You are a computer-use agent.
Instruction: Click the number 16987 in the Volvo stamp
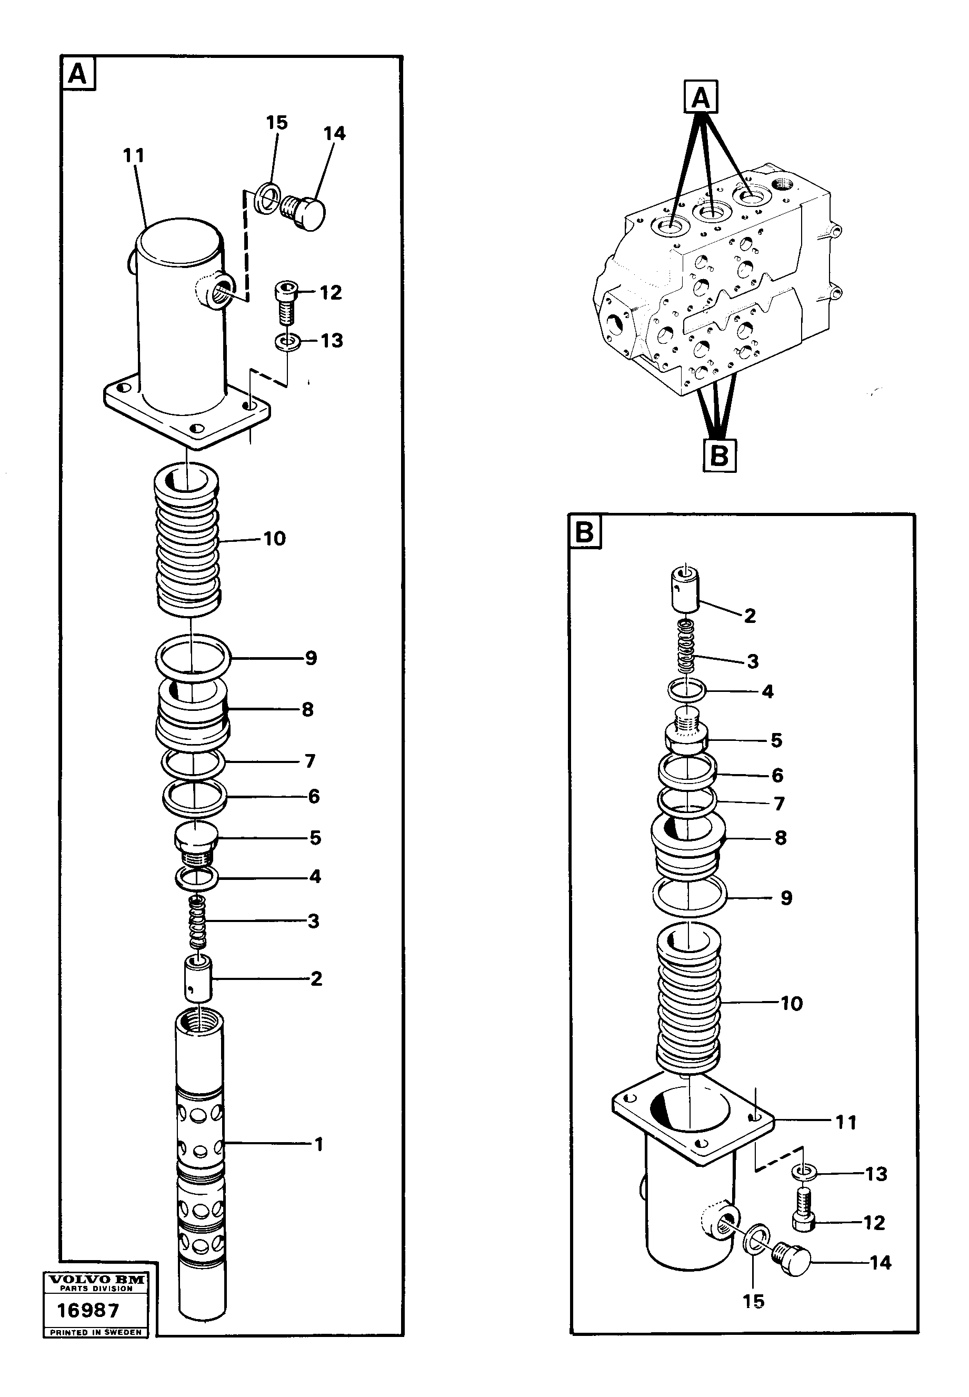point(88,1310)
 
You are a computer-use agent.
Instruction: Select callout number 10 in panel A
point(274,539)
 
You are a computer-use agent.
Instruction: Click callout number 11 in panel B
point(846,1123)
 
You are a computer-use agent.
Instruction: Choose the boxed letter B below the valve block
point(720,455)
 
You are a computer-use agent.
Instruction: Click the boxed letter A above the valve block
point(701,97)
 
